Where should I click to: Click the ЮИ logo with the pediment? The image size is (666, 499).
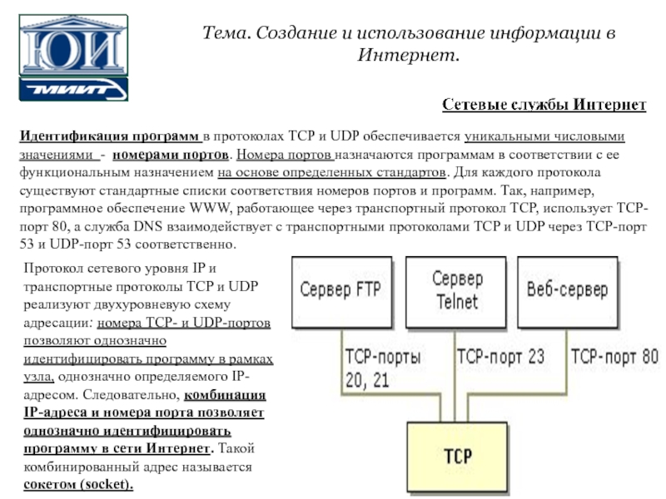pos(73,45)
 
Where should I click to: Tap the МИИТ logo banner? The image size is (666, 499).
pos(73,89)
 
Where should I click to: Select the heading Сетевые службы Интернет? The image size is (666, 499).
pos(544,105)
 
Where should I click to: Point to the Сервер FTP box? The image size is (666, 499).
pos(341,292)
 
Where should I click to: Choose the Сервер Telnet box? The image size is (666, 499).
pos(455,292)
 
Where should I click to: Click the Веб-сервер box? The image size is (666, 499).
pos(568,292)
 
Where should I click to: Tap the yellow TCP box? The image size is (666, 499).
pos(457,457)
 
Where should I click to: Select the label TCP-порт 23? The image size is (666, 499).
pos(500,357)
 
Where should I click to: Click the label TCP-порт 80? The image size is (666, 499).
pos(614,357)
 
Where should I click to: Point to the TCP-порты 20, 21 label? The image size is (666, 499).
pos(383,368)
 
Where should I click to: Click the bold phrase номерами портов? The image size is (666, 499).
pos(171,155)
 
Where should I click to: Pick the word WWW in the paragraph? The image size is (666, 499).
pos(211,209)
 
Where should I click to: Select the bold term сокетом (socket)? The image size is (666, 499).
pos(78,484)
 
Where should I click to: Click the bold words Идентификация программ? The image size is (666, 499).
pos(109,136)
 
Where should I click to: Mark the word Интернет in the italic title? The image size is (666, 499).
pos(407,55)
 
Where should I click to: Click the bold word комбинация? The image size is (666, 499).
pos(225,395)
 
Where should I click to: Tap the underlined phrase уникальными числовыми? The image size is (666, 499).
pos(544,136)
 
